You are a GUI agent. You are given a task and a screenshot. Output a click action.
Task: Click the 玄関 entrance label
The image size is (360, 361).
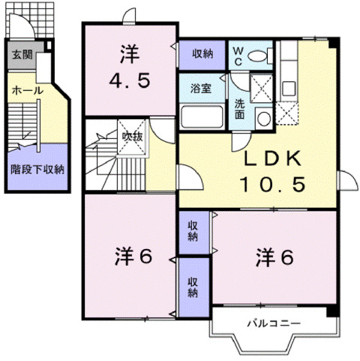[x=21, y=55]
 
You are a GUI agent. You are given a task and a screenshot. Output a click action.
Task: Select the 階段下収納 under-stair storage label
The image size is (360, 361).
[x=36, y=169]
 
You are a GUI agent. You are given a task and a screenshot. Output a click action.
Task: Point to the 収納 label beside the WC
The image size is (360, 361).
[x=202, y=53]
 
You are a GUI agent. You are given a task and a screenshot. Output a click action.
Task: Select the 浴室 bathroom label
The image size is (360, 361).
[x=200, y=88]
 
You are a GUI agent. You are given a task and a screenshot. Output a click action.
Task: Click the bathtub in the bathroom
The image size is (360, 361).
[x=202, y=117]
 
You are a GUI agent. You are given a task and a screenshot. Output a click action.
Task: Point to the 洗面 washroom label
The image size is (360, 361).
[x=238, y=110]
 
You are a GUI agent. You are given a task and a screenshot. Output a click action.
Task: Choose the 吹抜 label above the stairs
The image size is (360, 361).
[x=133, y=137]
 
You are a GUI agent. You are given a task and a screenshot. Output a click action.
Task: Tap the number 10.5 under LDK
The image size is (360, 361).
[x=272, y=184]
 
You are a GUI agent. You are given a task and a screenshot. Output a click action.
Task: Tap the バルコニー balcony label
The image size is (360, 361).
[x=274, y=324]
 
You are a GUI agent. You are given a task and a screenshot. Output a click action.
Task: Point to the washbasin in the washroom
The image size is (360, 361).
[x=262, y=116]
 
